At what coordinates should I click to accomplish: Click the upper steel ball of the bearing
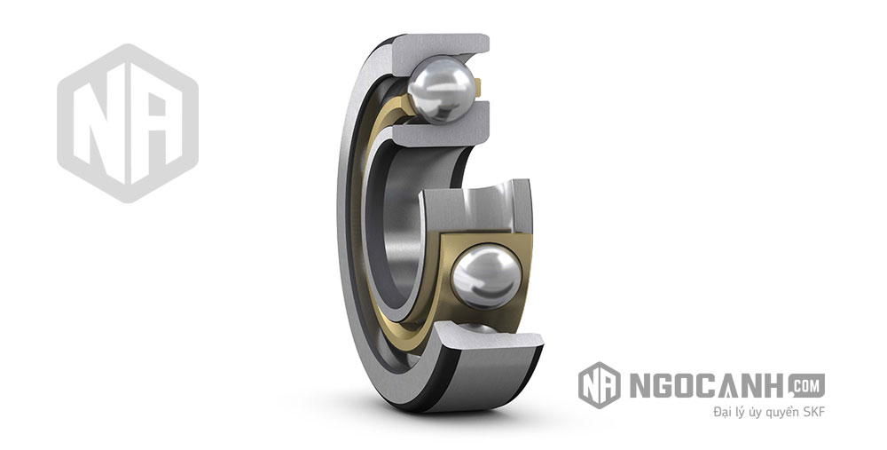tap(442, 90)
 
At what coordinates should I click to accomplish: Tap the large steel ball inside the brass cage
tap(486, 277)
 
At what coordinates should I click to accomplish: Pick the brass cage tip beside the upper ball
tap(478, 86)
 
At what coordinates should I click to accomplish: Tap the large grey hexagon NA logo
tap(128, 122)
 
